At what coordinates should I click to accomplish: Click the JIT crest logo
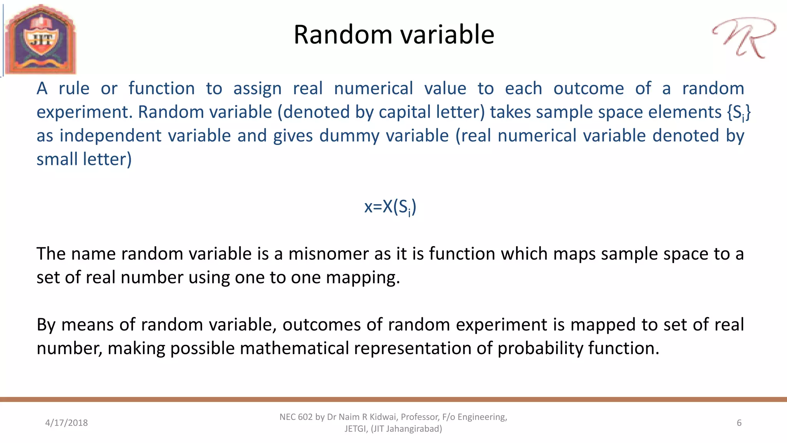40,39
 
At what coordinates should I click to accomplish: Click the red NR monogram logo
744,38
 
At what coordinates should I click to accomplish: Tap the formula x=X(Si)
390,207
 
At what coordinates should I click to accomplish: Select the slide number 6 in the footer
739,423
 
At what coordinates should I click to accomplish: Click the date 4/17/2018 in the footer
66,423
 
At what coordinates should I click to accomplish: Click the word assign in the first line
257,89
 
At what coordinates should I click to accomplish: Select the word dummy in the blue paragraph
349,136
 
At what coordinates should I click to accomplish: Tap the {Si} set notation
738,112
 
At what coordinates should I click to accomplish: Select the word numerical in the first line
373,89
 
